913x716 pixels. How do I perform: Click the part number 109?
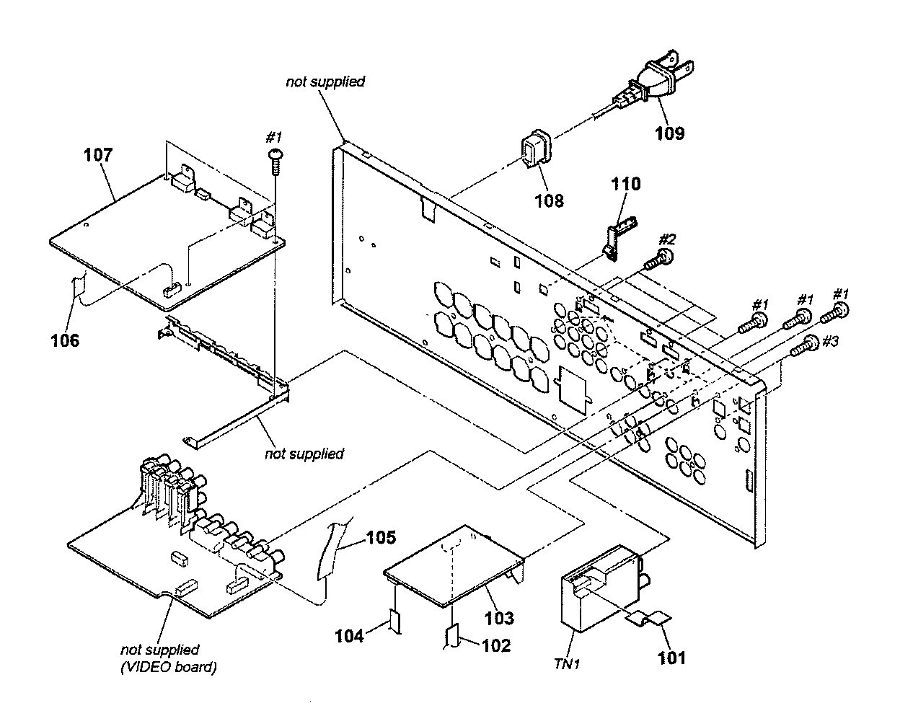click(x=670, y=133)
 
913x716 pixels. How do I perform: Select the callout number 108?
click(x=549, y=200)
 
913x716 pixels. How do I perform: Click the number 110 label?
click(x=625, y=184)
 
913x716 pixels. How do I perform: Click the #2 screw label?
click(x=667, y=239)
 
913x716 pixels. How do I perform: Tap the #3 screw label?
click(x=830, y=341)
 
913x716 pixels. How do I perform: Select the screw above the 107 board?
click(x=275, y=162)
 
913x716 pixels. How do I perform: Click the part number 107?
click(x=98, y=155)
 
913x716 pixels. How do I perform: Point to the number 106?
click(x=65, y=340)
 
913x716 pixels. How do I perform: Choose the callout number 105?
click(x=381, y=537)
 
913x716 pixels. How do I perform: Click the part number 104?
click(x=349, y=636)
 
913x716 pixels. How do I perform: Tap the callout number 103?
click(x=499, y=618)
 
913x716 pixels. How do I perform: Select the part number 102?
click(x=496, y=645)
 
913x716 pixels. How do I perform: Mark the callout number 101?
click(x=671, y=658)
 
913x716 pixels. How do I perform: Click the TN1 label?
click(x=567, y=663)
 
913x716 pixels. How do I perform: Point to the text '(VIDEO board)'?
click(x=169, y=667)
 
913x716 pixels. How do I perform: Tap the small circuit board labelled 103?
click(x=454, y=565)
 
